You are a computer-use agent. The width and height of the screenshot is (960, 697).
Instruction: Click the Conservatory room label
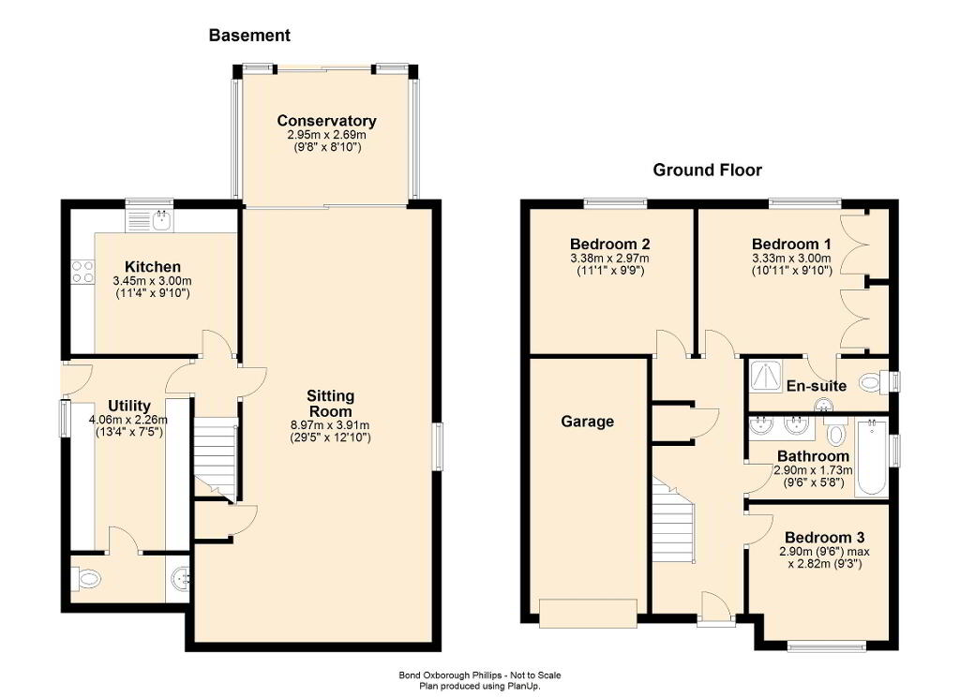point(326,121)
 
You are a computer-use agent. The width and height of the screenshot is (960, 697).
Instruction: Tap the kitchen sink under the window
point(162,220)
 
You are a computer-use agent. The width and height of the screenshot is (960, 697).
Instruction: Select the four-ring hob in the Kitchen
point(82,272)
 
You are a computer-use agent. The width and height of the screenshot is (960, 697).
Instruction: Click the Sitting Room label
point(330,403)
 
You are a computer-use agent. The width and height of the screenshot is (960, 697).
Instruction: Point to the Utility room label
point(129,406)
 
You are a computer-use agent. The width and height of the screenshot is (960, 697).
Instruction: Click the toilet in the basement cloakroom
point(85,578)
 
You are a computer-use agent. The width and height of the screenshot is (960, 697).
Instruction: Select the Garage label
point(587,422)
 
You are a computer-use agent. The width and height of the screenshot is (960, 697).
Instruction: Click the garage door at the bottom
point(589,614)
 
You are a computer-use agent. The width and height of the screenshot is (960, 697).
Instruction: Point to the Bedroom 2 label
point(609,245)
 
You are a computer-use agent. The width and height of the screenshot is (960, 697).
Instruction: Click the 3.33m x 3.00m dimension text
point(791,259)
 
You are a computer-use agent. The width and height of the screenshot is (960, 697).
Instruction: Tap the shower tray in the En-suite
point(766,376)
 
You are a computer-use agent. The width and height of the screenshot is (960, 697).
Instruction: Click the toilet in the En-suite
point(871,384)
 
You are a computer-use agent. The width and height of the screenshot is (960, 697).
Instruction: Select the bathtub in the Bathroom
point(871,457)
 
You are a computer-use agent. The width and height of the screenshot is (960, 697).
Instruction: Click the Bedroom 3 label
point(825,538)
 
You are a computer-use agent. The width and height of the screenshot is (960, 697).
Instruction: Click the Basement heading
point(249,36)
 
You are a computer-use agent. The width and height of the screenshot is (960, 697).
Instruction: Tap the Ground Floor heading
point(707,171)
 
